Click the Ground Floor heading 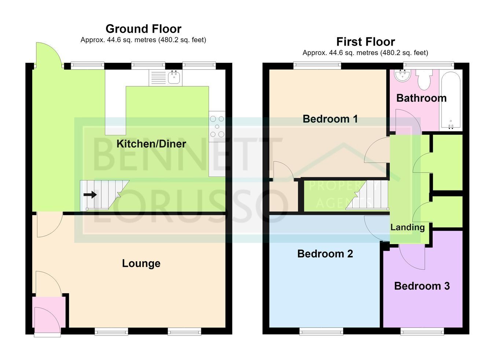coord(143,29)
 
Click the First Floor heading coord(366,42)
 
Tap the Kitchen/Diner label coord(151,144)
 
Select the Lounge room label coord(141,263)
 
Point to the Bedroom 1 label coord(330,119)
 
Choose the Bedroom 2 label coord(325,254)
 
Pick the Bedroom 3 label coord(422,286)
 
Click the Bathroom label coord(421,98)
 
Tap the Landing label coord(407,228)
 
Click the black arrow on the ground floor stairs coord(90,195)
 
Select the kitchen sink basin coord(174,77)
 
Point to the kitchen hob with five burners coord(217,127)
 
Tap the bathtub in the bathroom coord(451,101)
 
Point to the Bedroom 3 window coord(422,331)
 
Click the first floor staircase coord(367,194)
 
